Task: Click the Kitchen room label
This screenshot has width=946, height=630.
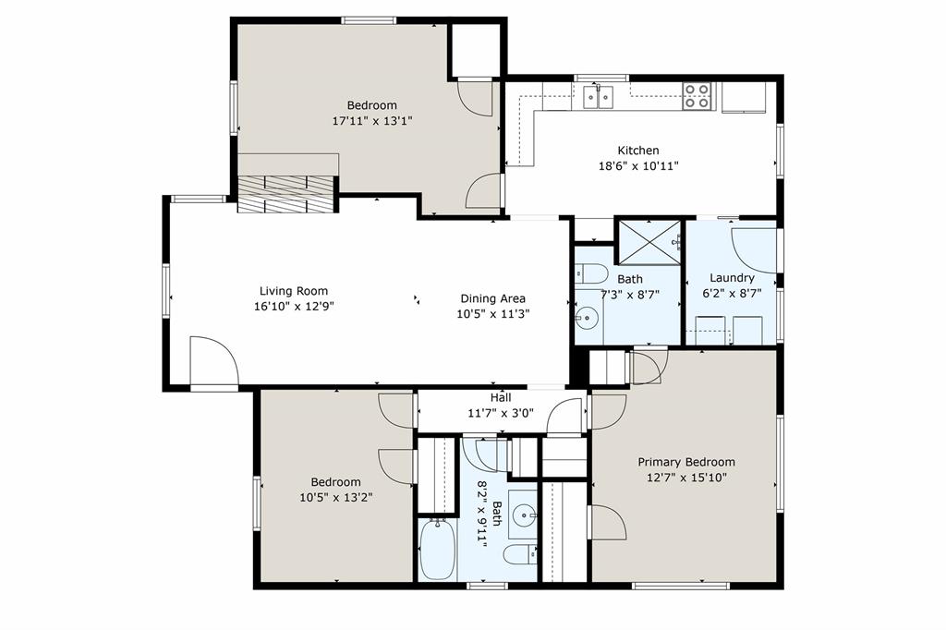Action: [x=638, y=151]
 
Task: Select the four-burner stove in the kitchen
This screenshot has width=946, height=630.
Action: [x=697, y=96]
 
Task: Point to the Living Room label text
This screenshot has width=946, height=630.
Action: [x=293, y=291]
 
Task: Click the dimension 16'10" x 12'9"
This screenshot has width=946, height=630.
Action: [x=293, y=306]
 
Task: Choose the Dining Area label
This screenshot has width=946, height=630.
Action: [x=492, y=298]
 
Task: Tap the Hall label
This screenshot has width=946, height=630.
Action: [x=501, y=397]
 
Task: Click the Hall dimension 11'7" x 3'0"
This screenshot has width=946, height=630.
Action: [x=501, y=412]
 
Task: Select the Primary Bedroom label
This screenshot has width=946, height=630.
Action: [x=686, y=462]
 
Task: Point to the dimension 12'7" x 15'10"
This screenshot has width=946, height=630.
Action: [x=686, y=478]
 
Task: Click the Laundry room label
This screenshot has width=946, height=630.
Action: [x=732, y=278]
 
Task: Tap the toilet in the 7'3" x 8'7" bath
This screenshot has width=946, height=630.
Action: [x=590, y=273]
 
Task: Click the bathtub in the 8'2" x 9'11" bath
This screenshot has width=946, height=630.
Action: [x=437, y=550]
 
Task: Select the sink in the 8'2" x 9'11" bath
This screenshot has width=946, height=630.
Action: [x=524, y=513]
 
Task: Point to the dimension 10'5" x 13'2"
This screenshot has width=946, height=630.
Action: [x=335, y=497]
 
